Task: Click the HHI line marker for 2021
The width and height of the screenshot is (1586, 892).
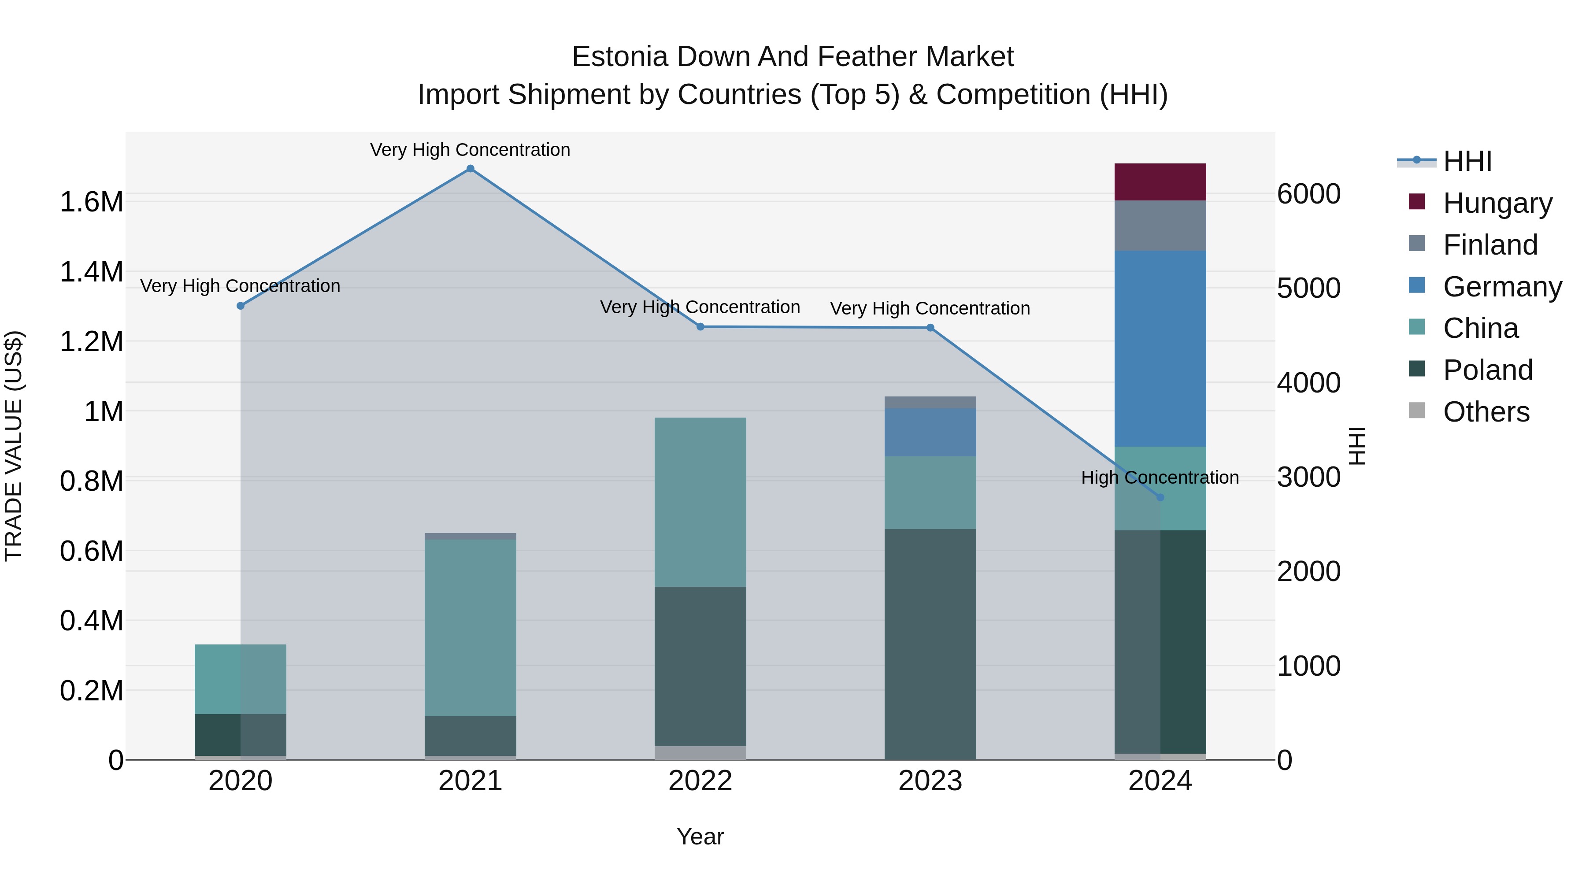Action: click(x=471, y=169)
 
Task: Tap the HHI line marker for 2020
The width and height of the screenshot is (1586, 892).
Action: click(x=241, y=306)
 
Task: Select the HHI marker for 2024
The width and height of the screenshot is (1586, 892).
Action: click(x=1160, y=497)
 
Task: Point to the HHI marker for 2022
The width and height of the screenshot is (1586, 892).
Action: click(x=700, y=327)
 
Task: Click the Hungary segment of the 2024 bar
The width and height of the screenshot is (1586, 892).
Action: click(x=1160, y=182)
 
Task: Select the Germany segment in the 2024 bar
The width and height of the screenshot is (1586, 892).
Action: click(x=1160, y=348)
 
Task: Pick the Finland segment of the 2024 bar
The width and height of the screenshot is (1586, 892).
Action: click(x=1160, y=226)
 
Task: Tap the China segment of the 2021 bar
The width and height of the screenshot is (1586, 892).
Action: click(x=471, y=628)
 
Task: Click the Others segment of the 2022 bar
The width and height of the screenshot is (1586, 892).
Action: click(x=700, y=753)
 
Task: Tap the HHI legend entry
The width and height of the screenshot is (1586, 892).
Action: click(x=1467, y=161)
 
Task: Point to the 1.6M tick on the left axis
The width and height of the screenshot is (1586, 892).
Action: click(x=91, y=202)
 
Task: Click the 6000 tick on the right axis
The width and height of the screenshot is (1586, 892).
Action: click(x=1308, y=194)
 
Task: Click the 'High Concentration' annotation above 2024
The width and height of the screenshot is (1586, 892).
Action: click(x=1160, y=477)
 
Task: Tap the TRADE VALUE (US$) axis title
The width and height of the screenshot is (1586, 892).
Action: click(x=14, y=446)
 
